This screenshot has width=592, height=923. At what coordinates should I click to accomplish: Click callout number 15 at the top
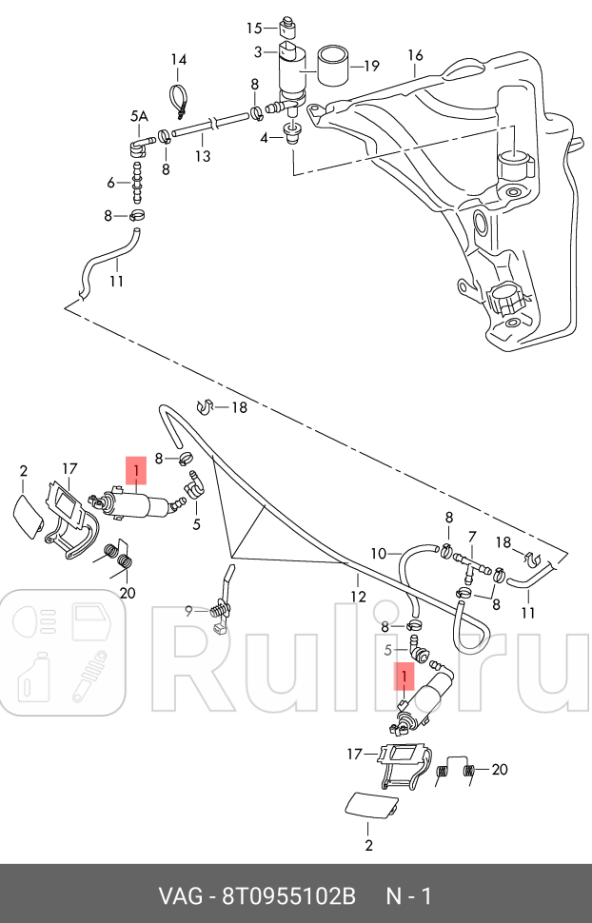point(254,28)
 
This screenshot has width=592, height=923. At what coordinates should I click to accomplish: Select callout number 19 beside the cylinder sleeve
point(371,66)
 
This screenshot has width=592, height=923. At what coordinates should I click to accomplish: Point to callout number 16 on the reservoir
point(415,55)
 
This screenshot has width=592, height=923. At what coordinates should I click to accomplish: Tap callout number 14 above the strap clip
point(179,61)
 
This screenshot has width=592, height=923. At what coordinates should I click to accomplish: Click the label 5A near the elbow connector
point(139,116)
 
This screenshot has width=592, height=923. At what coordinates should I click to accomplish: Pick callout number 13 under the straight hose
point(110,183)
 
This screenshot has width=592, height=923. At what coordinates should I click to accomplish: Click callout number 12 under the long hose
point(358,598)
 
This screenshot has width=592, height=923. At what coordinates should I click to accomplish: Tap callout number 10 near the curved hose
point(379,553)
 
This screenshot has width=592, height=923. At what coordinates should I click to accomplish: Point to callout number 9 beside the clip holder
point(189,611)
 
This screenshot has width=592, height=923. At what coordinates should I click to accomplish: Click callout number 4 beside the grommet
point(265,137)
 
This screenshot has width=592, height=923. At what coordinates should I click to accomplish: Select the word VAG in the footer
point(178,896)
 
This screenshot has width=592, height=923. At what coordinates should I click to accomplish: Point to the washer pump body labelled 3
point(291,73)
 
